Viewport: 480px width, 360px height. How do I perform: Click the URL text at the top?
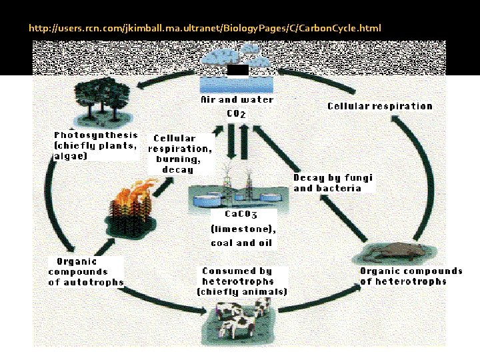[205, 29]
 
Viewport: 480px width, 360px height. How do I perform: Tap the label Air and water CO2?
[237, 107]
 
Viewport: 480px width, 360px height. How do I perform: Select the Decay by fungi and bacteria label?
[333, 183]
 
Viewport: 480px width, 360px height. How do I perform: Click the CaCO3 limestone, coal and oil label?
[243, 228]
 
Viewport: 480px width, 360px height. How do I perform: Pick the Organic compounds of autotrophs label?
[86, 272]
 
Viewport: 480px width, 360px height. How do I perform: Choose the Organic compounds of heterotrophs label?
[411, 276]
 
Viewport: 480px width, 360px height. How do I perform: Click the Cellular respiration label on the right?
[379, 106]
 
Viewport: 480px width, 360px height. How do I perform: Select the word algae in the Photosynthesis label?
[70, 156]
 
